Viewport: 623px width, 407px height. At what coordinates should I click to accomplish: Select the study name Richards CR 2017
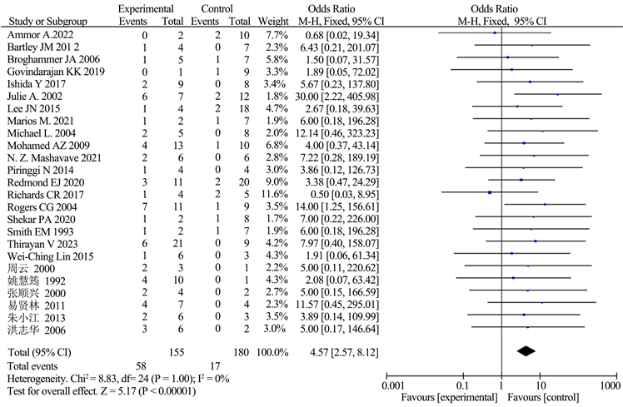[x=42, y=193]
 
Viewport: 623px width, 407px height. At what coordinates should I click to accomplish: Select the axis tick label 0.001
[x=390, y=385]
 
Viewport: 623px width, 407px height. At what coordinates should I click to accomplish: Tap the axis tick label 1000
[x=611, y=385]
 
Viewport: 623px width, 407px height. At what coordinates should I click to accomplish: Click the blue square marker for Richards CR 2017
[x=490, y=193]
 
